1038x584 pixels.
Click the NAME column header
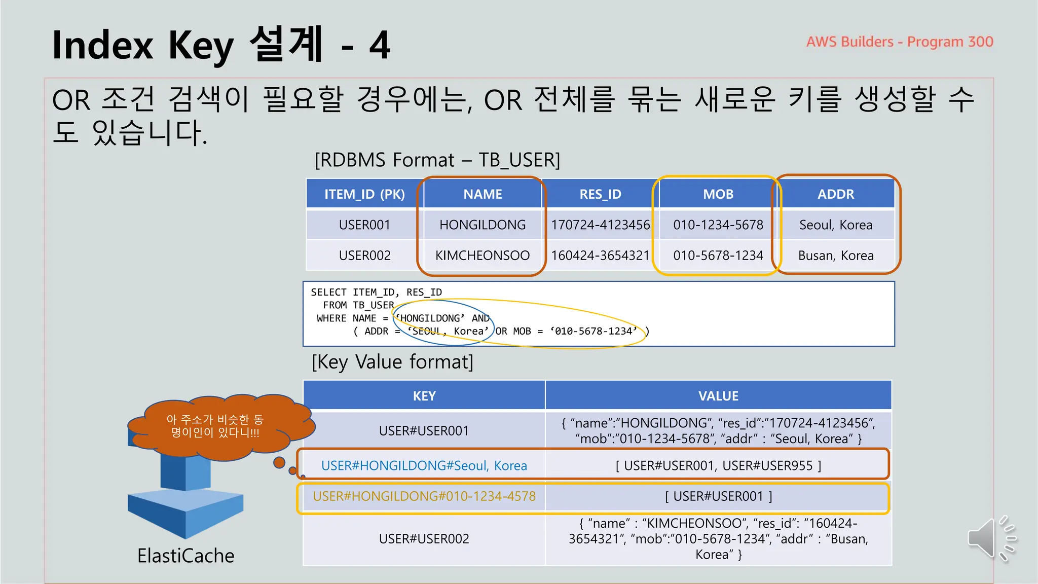pyautogui.click(x=483, y=194)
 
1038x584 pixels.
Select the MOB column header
pyautogui.click(x=718, y=194)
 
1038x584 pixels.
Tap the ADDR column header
pyautogui.click(x=836, y=194)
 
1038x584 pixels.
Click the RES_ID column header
pyautogui.click(x=600, y=194)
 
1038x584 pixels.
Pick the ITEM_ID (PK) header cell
pyautogui.click(x=364, y=194)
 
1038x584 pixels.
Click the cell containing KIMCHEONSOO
pyautogui.click(x=483, y=255)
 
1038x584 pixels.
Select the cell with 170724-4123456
pyautogui.click(x=600, y=225)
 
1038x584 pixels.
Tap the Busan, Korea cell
pyautogui.click(x=836, y=255)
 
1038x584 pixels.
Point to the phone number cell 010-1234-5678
pyautogui.click(x=718, y=225)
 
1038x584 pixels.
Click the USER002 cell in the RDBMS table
pyautogui.click(x=364, y=255)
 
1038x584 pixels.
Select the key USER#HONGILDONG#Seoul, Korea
pyautogui.click(x=424, y=465)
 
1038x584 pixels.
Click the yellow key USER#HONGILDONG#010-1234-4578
pyautogui.click(x=424, y=496)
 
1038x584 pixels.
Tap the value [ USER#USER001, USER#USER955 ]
pyautogui.click(x=718, y=465)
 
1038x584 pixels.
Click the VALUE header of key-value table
pyautogui.click(x=718, y=396)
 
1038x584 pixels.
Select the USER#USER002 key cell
pyautogui.click(x=424, y=538)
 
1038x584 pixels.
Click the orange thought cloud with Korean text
pyautogui.click(x=215, y=426)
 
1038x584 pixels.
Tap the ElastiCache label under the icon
pyautogui.click(x=186, y=556)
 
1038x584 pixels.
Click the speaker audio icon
pyautogui.click(x=991, y=538)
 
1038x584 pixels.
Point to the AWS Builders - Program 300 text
pyautogui.click(x=900, y=42)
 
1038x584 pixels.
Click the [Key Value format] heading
pyautogui.click(x=392, y=362)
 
